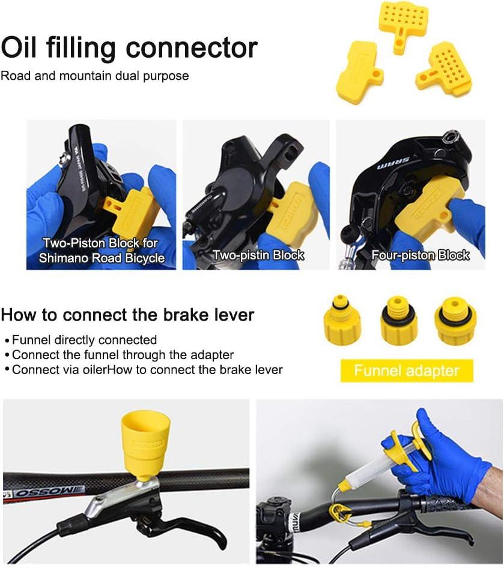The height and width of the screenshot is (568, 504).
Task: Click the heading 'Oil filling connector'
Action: click(130, 47)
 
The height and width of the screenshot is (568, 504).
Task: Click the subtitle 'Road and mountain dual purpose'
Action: click(95, 76)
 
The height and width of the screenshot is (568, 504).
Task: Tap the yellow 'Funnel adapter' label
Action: click(406, 370)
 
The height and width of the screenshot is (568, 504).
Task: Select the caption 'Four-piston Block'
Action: click(420, 255)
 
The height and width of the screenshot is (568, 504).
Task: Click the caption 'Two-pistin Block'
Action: click(258, 255)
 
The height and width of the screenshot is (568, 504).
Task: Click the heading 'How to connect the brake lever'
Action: click(128, 315)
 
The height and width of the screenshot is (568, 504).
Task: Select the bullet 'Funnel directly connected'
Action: click(84, 340)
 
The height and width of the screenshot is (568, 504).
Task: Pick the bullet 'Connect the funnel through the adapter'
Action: click(123, 354)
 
